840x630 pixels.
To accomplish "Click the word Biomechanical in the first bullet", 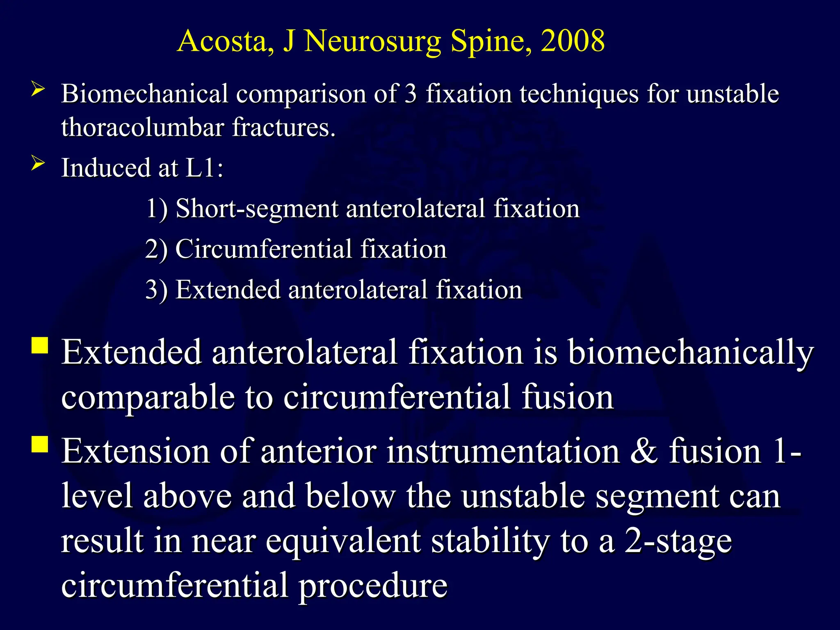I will pos(144,94).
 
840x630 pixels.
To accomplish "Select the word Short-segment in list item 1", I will pos(256,209).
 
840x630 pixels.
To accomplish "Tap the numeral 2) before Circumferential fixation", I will pos(156,249).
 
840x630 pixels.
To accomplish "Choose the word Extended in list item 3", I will pos(228,290).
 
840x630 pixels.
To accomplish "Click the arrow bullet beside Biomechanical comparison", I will pos(38,89).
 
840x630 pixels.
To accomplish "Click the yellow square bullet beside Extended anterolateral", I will pos(40,345).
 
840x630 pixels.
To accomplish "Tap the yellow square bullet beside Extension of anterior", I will pos(40,444).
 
